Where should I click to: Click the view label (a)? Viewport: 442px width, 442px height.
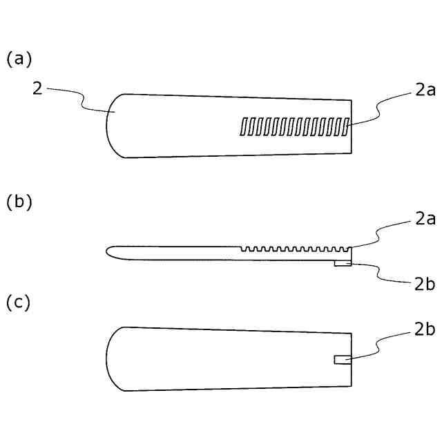tap(19, 59)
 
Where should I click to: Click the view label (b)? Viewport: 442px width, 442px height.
tap(19, 202)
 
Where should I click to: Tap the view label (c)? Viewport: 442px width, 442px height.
tap(19, 302)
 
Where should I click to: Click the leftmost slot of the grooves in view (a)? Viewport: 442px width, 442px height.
tap(243, 126)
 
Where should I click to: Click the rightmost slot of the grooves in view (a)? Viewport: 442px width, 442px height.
tap(346, 125)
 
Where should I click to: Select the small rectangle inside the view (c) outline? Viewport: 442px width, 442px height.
tap(343, 360)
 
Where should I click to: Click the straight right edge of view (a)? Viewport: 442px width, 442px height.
tap(352, 128)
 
